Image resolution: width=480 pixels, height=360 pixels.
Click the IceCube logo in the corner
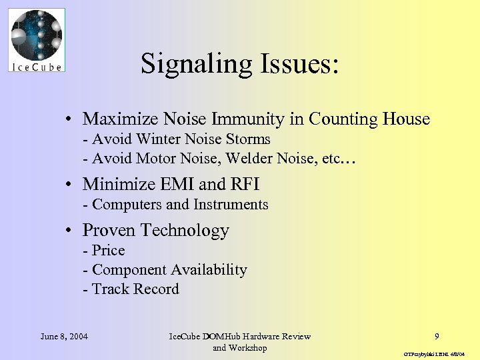37,40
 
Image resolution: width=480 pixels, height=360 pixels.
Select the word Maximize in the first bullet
117,119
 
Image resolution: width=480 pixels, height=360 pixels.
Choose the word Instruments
231,205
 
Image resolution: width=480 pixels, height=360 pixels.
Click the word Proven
107,230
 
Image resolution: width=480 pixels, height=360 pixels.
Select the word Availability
209,270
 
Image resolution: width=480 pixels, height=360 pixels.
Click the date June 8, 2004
64,336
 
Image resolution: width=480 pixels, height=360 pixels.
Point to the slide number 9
437,336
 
